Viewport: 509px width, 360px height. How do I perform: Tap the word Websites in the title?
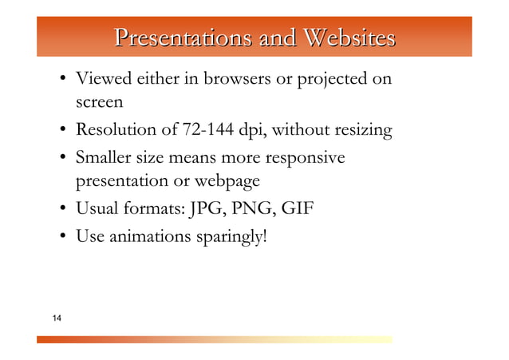click(x=348, y=38)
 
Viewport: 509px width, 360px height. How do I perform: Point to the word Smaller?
click(x=105, y=157)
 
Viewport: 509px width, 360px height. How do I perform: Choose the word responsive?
click(x=306, y=157)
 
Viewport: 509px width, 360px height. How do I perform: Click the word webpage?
click(x=228, y=182)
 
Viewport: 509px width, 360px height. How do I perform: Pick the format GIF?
click(x=296, y=210)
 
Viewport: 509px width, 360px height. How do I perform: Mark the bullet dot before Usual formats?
click(x=61, y=211)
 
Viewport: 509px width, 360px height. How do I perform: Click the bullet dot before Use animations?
click(x=61, y=237)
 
